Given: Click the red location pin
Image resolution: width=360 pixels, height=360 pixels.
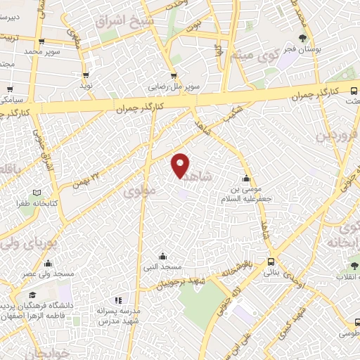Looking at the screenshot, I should (x=181, y=165).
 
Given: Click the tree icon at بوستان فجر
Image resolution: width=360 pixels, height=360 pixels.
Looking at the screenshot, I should (x=303, y=38).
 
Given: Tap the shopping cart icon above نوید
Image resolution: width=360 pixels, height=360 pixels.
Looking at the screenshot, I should (x=86, y=75).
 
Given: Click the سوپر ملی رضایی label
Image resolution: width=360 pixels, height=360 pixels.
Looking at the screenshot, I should (x=173, y=88).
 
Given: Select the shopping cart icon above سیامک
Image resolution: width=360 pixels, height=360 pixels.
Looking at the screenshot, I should (x=10, y=89).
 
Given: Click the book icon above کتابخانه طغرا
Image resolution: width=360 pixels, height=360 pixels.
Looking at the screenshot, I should (x=37, y=192).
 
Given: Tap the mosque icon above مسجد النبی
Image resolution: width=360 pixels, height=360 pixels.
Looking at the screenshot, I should (x=163, y=256).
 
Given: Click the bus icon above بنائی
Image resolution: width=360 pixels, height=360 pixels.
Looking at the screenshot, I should (x=271, y=261).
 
